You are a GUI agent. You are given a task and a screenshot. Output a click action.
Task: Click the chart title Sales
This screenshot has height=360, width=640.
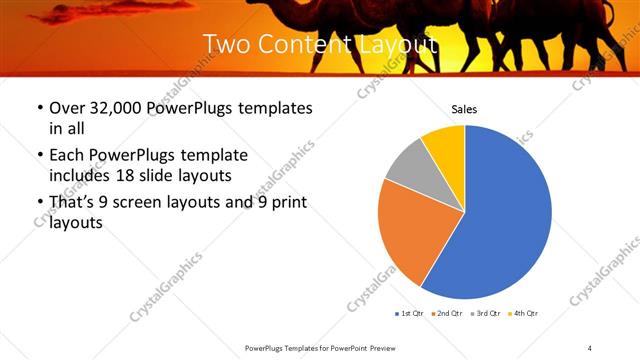(x=464, y=109)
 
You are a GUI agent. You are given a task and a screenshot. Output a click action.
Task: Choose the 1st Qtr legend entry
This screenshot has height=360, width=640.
(x=409, y=314)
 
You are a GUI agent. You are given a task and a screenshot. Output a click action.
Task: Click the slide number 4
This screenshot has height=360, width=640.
(x=590, y=347)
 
